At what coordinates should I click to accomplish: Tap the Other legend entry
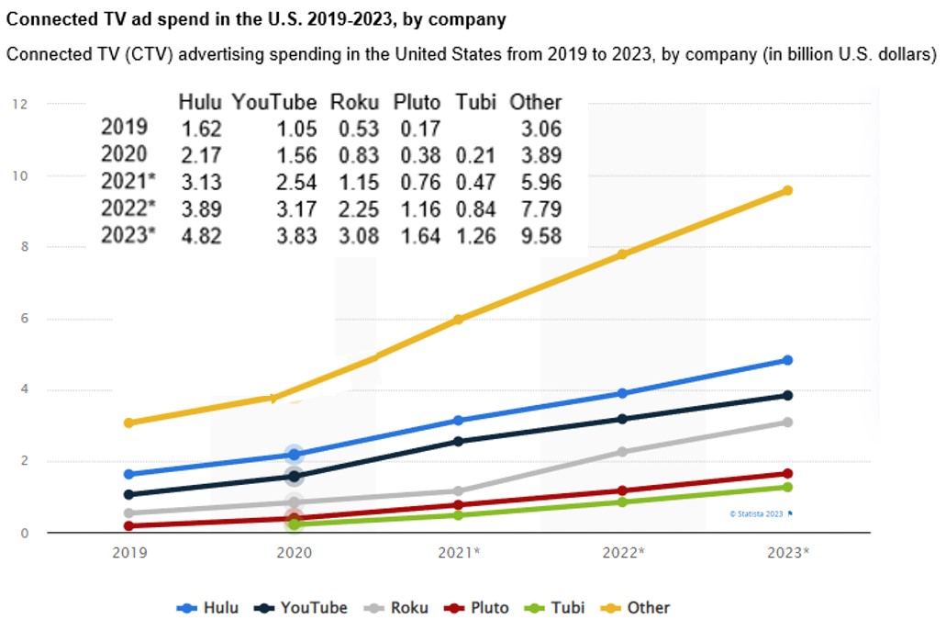(x=639, y=608)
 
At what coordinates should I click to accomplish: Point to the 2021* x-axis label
(x=458, y=553)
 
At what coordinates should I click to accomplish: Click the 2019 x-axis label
(x=129, y=553)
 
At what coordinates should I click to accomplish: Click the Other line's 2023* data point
(x=787, y=190)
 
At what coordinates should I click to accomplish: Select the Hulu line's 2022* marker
(x=622, y=393)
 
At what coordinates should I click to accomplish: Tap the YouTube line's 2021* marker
(x=458, y=442)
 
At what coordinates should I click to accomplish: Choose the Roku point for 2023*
(x=787, y=423)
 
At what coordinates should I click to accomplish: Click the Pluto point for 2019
(x=129, y=526)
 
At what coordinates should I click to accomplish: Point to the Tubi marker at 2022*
(x=622, y=502)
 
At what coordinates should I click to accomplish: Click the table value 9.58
(x=536, y=237)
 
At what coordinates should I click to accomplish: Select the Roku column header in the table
(x=355, y=102)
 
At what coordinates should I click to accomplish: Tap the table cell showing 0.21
(x=475, y=156)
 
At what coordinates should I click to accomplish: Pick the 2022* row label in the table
(x=128, y=209)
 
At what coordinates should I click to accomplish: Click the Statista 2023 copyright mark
(x=760, y=514)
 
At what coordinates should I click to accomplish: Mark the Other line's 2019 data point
(x=129, y=423)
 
